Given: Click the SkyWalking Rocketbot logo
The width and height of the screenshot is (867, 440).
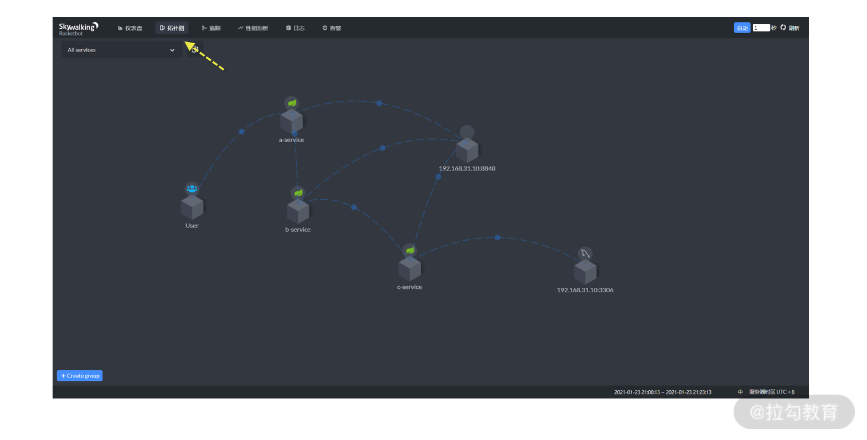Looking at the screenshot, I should pos(78,29).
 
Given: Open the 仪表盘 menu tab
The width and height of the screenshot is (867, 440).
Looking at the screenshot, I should pos(130,28).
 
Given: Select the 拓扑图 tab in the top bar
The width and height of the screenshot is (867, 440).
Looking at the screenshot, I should pos(172,28).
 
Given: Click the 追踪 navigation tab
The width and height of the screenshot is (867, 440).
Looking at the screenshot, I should pos(211,28).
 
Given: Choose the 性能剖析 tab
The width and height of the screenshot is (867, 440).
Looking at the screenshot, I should pos(253,28).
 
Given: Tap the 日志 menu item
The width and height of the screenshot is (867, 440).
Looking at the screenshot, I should pos(296,28).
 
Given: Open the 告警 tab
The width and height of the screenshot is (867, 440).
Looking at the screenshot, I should pos(332,28).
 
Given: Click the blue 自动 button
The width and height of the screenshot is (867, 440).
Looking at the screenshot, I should pos(742,28).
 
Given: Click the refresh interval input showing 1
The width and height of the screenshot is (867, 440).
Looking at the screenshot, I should pos(761,28).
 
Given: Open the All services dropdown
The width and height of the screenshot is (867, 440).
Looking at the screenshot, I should pos(121,50).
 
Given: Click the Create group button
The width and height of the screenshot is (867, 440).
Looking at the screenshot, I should pos(80,376).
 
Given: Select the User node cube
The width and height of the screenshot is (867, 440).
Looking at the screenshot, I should pos(192,208).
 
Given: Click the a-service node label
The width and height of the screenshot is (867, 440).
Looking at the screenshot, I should pos(291,140).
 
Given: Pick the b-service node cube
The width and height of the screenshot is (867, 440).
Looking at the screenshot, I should pos(298,211).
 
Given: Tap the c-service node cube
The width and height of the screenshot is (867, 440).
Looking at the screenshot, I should pos(410,268).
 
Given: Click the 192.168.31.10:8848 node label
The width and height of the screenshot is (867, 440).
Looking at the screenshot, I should pos(467,169).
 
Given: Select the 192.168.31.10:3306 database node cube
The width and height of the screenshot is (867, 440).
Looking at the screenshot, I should pos(585,271).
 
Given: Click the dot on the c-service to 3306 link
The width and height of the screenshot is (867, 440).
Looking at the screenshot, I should pos(497,237).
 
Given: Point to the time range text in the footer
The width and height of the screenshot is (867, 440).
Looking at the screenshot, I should pos(663,392).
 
